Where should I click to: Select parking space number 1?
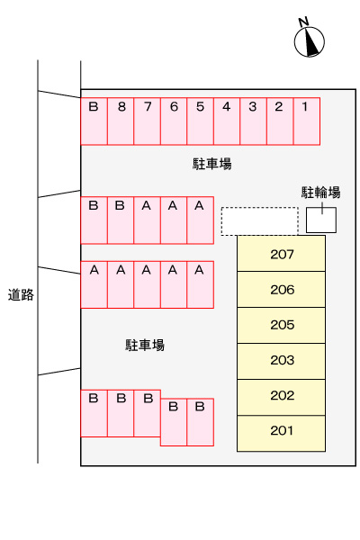[x=306, y=120]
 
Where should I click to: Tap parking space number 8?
[x=121, y=120]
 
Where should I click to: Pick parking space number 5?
[x=200, y=120]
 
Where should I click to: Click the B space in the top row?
[x=94, y=120]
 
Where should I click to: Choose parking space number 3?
[x=253, y=120]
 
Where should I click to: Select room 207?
[x=281, y=254]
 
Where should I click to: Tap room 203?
[x=281, y=361]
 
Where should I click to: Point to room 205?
[x=281, y=325]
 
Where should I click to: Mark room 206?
[x=281, y=290]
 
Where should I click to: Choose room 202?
[x=281, y=396]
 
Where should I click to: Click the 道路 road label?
[x=21, y=294]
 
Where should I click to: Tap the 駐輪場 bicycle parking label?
[x=320, y=192]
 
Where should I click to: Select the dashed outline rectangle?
[x=259, y=220]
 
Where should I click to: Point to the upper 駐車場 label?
[x=212, y=164]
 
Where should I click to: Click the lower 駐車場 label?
[x=144, y=345]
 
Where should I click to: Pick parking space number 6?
[x=174, y=120]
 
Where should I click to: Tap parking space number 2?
[x=279, y=120]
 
